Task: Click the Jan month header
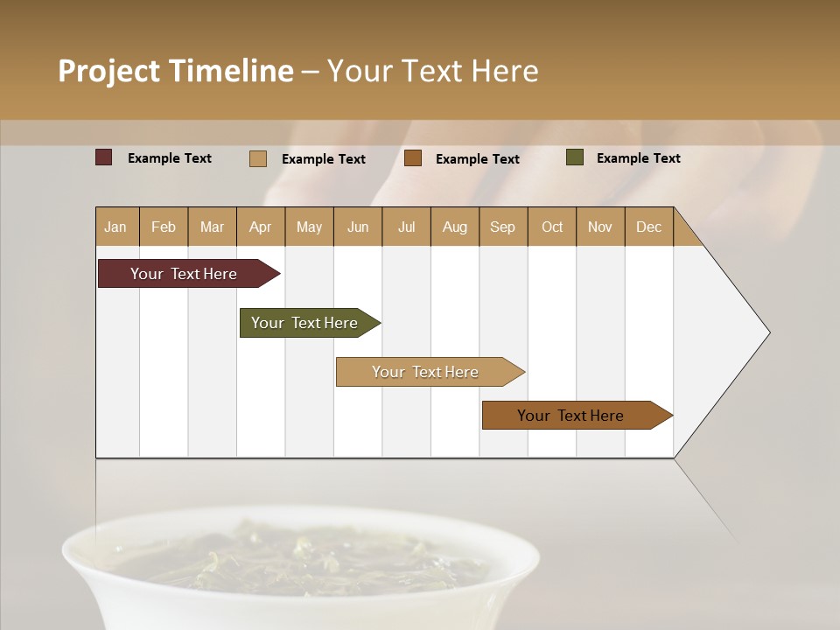(x=116, y=227)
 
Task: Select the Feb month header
(x=164, y=227)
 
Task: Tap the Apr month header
(x=260, y=227)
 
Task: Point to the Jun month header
(x=358, y=227)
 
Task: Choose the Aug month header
(x=454, y=227)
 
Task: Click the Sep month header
(x=502, y=227)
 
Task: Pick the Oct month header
(x=552, y=227)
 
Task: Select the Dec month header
(x=648, y=227)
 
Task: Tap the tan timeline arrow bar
(x=426, y=372)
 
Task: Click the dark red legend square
(x=103, y=157)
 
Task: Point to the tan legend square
(x=257, y=158)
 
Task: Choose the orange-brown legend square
(x=413, y=157)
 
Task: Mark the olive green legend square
(x=574, y=157)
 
